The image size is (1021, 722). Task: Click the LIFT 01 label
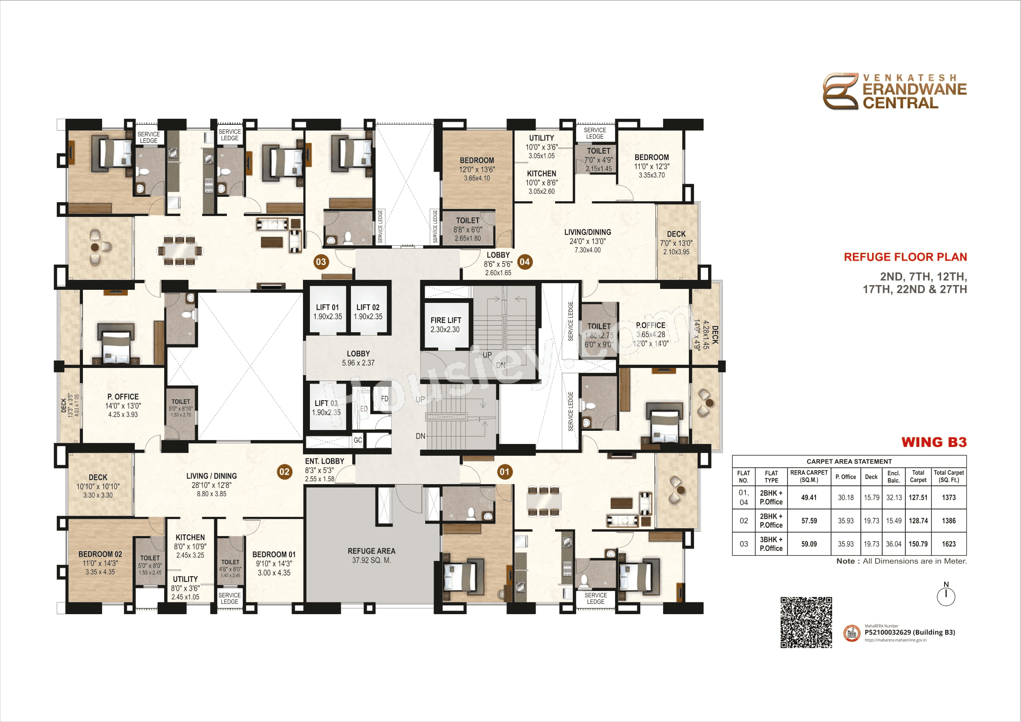[327, 308]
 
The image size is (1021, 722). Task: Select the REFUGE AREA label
[371, 551]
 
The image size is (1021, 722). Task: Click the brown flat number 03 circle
[321, 261]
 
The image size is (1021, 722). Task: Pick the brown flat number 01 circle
[504, 472]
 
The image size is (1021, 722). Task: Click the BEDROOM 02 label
[100, 554]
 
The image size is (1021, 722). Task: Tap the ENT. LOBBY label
[324, 461]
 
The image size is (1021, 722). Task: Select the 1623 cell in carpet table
[949, 544]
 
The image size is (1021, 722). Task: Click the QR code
[806, 622]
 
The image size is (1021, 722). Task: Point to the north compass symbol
[946, 596]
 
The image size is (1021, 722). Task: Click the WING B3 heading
[934, 442]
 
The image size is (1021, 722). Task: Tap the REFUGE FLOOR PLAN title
[905, 257]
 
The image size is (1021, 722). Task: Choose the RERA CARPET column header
[809, 476]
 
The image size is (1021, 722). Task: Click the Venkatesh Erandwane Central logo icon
[840, 91]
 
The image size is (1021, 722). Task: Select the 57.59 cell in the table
[809, 521]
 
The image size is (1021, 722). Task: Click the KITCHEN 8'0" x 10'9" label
[190, 546]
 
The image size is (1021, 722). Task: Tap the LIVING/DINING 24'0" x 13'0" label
[588, 241]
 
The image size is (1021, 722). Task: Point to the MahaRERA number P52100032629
[909, 632]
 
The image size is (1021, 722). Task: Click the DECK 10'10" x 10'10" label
[98, 486]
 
